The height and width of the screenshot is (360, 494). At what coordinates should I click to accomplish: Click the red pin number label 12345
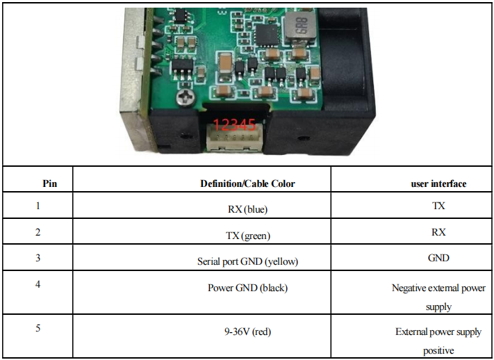click(x=234, y=125)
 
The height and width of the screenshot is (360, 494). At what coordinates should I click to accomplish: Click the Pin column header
click(x=50, y=183)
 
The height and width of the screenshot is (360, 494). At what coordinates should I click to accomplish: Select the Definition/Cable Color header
click(x=247, y=183)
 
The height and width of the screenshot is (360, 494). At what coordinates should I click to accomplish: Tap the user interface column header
click(x=438, y=183)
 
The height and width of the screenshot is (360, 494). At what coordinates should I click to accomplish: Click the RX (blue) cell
click(x=247, y=208)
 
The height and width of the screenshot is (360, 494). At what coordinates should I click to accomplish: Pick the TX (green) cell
click(x=247, y=236)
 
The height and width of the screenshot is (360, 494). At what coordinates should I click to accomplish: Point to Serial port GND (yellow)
click(x=247, y=262)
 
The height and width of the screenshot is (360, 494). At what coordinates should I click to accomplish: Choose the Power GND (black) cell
click(x=247, y=287)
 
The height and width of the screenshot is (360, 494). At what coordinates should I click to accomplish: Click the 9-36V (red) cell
click(x=247, y=332)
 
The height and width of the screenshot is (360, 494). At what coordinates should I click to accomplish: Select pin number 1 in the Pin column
click(x=38, y=206)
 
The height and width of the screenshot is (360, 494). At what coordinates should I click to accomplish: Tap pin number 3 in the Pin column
click(x=38, y=258)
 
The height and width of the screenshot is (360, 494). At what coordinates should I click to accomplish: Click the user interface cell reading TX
click(x=438, y=206)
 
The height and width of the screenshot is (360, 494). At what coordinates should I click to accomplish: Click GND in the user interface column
click(x=438, y=258)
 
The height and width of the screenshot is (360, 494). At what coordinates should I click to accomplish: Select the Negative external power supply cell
click(x=438, y=297)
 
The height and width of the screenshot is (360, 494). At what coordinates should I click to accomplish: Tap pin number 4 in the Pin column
click(x=38, y=284)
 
